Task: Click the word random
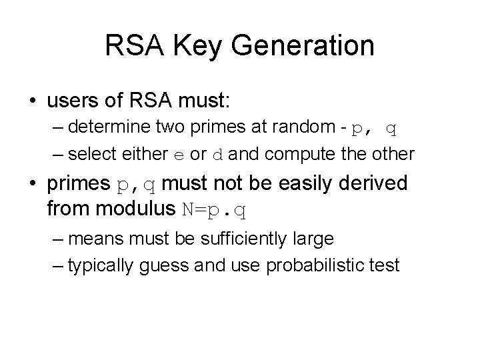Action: click(x=304, y=127)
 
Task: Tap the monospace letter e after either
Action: click(x=178, y=155)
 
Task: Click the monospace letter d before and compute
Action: click(x=217, y=155)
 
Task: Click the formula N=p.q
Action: click(x=214, y=211)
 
